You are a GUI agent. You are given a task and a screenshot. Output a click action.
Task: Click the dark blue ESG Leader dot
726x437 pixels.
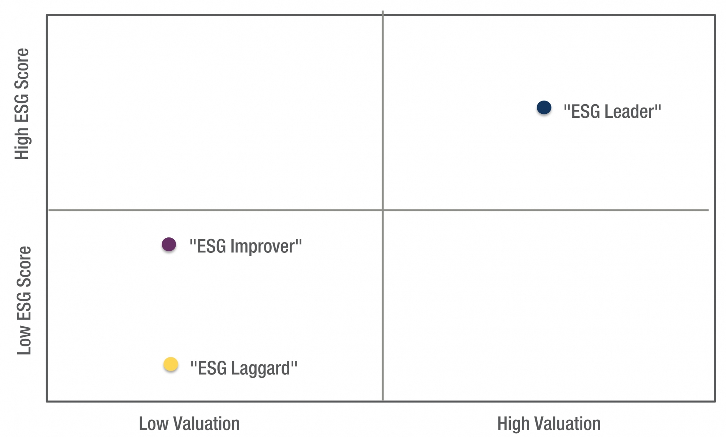click(x=544, y=108)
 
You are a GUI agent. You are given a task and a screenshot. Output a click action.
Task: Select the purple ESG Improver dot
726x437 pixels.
click(x=169, y=244)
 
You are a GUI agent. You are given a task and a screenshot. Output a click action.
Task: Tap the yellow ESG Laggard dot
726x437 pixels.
click(x=170, y=364)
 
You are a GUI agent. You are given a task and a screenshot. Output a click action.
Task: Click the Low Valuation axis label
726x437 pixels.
click(x=189, y=423)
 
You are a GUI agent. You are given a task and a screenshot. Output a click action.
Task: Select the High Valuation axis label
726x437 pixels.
click(x=549, y=423)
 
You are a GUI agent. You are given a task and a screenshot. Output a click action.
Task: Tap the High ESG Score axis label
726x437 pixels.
click(x=22, y=104)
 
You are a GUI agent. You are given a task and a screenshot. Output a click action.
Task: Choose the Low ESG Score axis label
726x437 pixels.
click(x=24, y=301)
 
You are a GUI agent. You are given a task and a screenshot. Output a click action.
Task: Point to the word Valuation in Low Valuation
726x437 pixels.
click(x=206, y=423)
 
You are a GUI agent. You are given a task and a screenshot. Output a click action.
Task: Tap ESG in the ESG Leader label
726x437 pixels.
click(x=586, y=112)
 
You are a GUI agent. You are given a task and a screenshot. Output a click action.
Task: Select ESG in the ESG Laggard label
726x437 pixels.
click(x=212, y=368)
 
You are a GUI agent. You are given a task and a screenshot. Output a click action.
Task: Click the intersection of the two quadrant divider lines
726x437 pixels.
click(x=382, y=210)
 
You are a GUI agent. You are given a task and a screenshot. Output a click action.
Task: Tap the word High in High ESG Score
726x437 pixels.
click(x=22, y=143)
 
